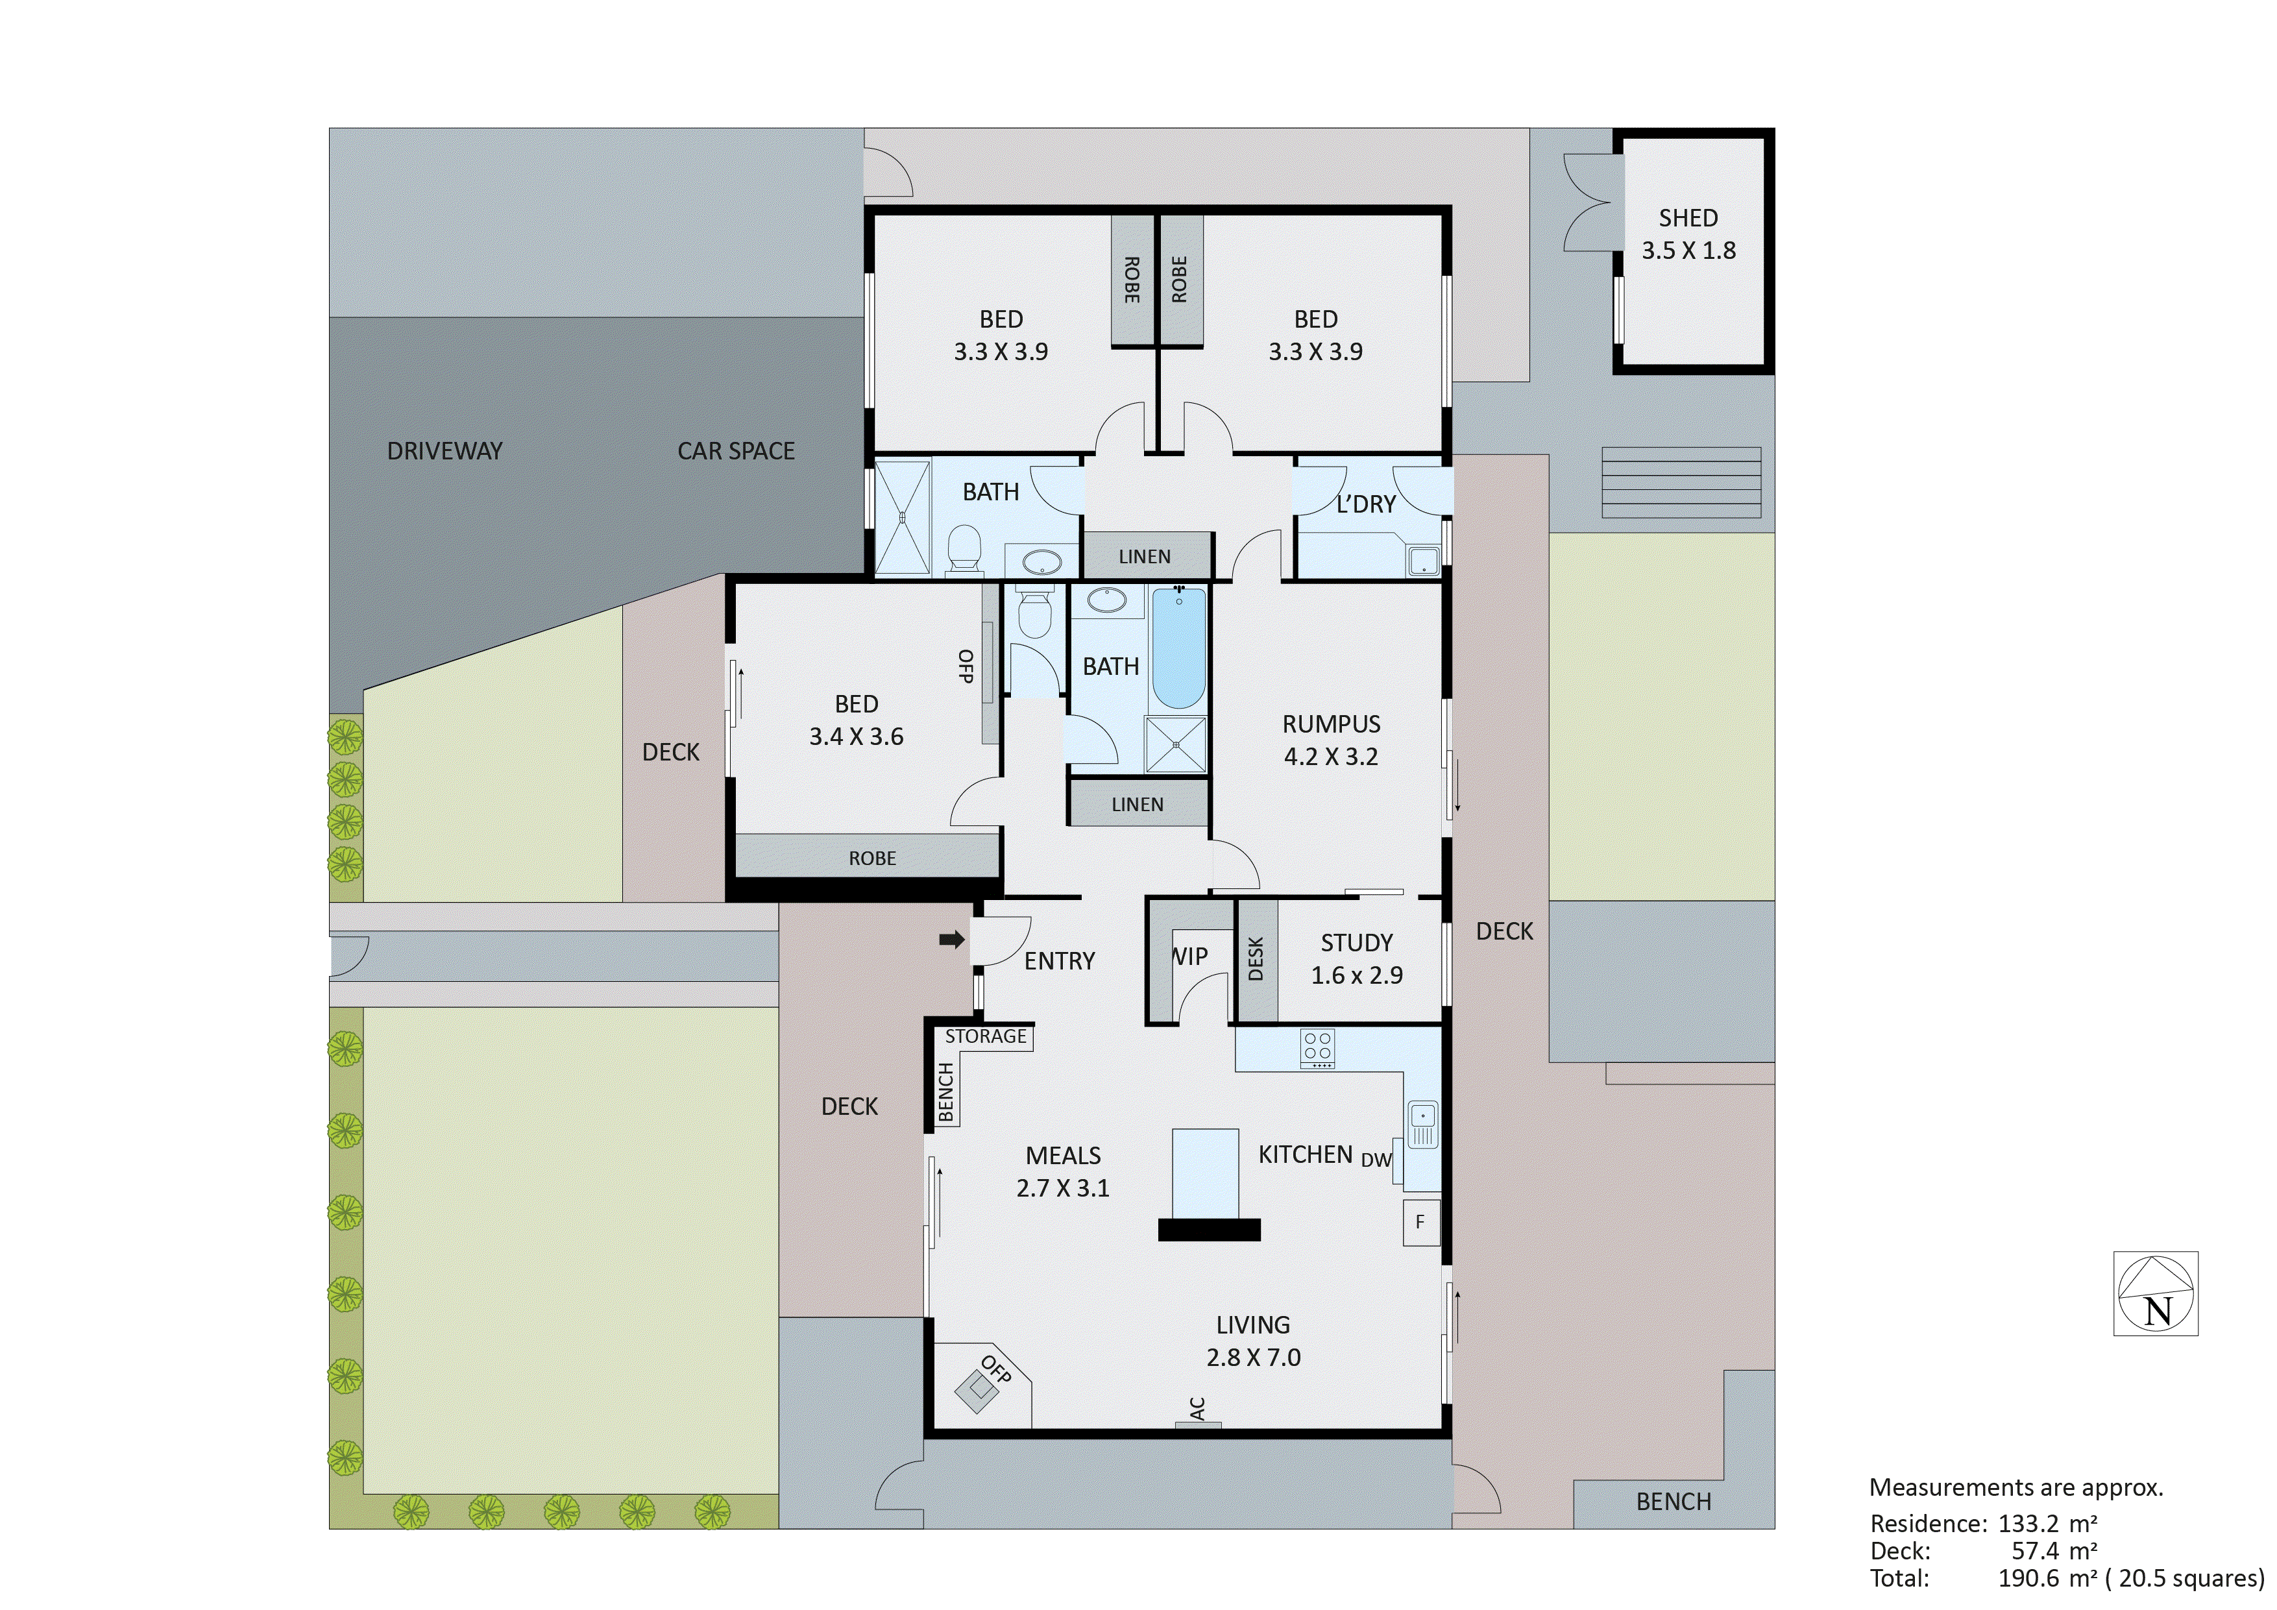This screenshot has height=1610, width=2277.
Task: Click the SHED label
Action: coord(1688,218)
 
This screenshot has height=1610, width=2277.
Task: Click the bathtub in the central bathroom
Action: coord(1179,649)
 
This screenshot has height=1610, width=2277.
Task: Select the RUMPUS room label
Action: coord(1331,724)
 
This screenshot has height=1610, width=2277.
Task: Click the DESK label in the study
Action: coord(1256,959)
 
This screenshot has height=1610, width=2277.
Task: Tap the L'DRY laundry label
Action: coord(1365,504)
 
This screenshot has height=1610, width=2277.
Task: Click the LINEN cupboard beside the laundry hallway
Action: coord(1145,557)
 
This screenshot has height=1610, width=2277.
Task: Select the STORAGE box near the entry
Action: coord(985,1036)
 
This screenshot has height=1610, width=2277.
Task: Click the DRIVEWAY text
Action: coord(444,452)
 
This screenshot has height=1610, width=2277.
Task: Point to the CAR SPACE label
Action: coord(736,452)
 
